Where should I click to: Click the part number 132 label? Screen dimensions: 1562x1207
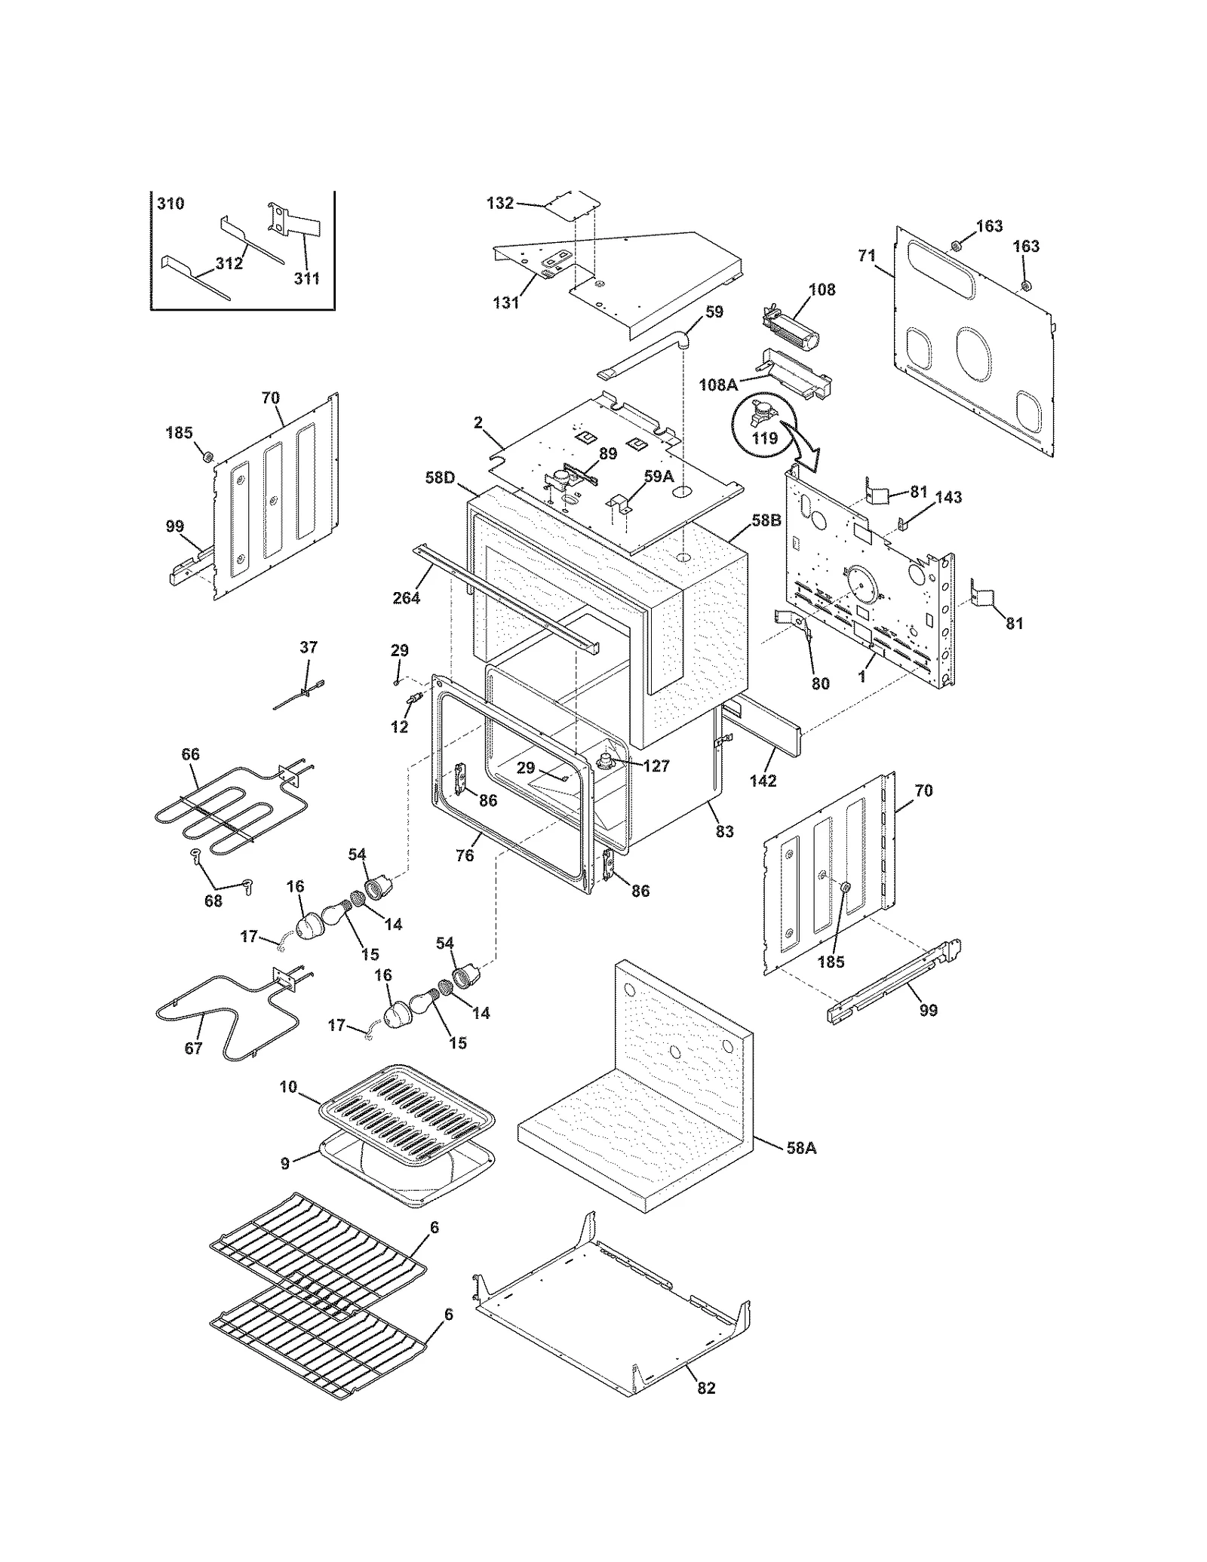(x=500, y=203)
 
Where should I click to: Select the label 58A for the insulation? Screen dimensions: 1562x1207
(x=800, y=1148)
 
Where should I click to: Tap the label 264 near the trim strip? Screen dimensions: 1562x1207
(x=407, y=598)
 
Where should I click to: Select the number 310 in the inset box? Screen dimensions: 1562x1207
(x=170, y=204)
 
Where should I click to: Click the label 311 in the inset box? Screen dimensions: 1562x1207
(x=306, y=278)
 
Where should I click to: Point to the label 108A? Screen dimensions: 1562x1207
(x=717, y=385)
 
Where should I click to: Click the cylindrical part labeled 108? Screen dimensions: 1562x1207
(x=791, y=333)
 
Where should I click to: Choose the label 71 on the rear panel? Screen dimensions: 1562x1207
(x=867, y=256)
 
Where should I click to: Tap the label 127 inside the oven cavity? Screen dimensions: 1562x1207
(x=656, y=766)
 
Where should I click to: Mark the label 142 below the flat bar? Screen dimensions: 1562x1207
(x=763, y=781)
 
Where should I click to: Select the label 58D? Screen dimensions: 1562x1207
(x=440, y=477)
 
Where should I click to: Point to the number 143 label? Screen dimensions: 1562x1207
(x=948, y=497)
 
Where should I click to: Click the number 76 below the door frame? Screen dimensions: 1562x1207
(x=465, y=855)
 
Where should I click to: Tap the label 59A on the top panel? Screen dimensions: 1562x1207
(x=658, y=476)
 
